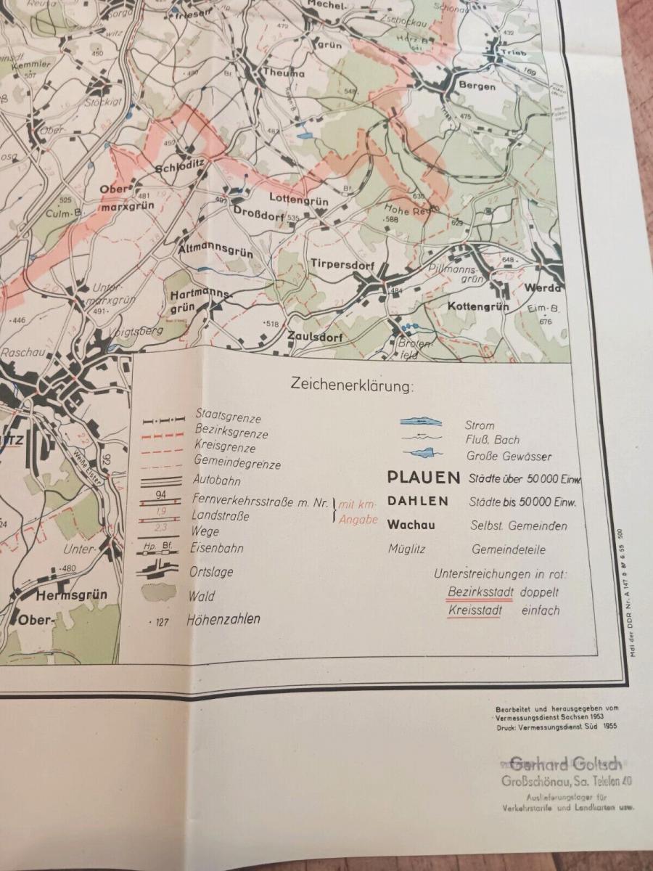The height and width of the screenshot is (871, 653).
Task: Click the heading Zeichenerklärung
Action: [x=351, y=384]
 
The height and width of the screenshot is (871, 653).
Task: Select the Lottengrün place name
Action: [x=298, y=200]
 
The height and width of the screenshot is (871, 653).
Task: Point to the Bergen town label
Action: [x=477, y=86]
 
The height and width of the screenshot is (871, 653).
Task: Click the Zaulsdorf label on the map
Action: [x=313, y=335]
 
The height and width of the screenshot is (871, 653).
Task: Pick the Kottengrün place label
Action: [x=477, y=306]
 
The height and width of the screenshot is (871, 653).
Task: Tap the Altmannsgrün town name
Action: [x=215, y=252]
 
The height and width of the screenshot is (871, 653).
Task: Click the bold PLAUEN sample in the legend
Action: [x=424, y=478]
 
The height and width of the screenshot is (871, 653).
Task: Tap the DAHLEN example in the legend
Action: [x=418, y=501]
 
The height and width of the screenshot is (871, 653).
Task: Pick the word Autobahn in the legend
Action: [x=217, y=481]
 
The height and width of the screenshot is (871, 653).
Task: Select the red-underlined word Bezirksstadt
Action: [x=480, y=592]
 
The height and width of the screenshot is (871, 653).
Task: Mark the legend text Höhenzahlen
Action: [x=223, y=620]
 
